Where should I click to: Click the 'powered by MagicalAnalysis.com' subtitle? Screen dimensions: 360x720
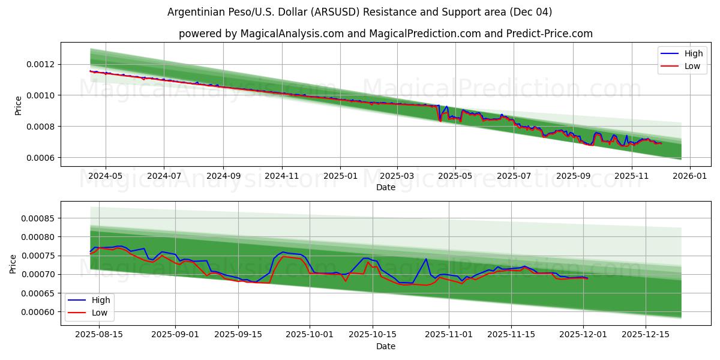[385, 34]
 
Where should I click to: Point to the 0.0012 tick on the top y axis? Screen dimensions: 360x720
[40, 64]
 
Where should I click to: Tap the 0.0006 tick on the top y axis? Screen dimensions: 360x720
[40, 158]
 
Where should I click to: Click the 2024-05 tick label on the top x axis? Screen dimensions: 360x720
[106, 176]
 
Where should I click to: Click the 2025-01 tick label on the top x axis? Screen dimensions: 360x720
[340, 176]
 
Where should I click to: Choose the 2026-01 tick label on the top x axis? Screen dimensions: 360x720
[689, 176]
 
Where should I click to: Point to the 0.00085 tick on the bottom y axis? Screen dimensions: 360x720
[38, 218]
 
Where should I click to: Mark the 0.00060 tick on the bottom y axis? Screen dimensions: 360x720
[38, 312]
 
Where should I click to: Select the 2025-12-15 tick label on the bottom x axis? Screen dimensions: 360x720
[646, 335]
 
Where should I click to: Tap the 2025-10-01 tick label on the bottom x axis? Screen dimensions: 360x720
[310, 335]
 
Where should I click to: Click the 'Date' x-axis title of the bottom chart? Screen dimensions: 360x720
[385, 346]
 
